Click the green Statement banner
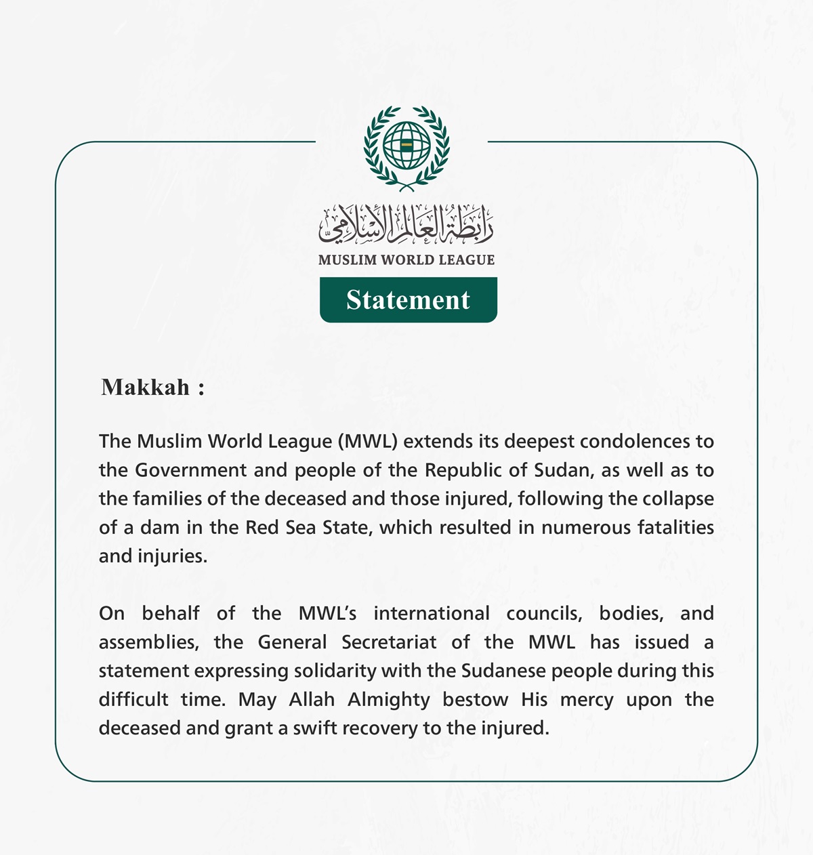(408, 299)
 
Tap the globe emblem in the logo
(406, 145)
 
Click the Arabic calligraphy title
(406, 224)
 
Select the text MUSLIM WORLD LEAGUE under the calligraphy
(406, 260)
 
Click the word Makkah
(146, 387)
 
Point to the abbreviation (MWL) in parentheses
(371, 442)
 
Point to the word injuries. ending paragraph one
(173, 556)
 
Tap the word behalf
(171, 613)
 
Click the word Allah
(312, 699)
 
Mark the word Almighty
(389, 700)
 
